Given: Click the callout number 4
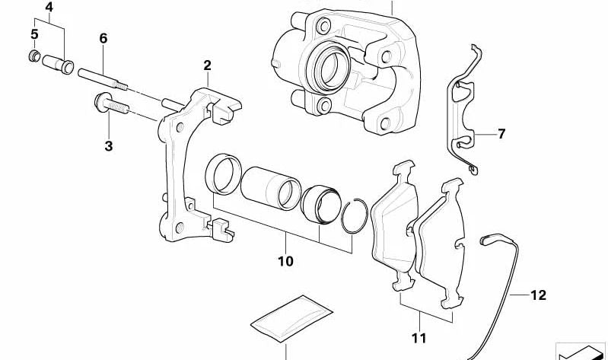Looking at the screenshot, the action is click(49, 8).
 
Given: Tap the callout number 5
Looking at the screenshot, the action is click(34, 34).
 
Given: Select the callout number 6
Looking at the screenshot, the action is click(103, 38).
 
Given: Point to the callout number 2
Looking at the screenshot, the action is click(208, 65).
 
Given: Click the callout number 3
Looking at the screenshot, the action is click(109, 146).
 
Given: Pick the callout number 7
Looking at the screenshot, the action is click(501, 134).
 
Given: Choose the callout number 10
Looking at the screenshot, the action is click(286, 261).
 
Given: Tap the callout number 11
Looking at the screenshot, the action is click(419, 338).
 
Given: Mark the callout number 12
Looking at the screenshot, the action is click(538, 295).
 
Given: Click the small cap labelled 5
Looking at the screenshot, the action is click(34, 56).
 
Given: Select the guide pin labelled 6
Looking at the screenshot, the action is click(103, 79).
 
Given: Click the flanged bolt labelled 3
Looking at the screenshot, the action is click(111, 104).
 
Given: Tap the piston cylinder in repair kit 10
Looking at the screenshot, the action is click(271, 189).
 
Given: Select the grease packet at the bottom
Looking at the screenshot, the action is click(292, 319).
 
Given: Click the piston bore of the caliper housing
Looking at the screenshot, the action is click(330, 67).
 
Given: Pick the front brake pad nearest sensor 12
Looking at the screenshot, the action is click(441, 244).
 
